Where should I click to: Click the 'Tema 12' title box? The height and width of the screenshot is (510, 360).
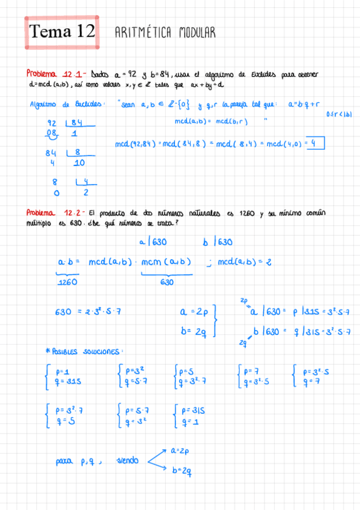62,32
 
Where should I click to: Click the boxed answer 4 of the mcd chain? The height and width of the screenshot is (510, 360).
315,143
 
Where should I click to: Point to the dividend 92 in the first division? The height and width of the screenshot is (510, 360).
52,123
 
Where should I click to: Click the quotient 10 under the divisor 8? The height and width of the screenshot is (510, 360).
78,162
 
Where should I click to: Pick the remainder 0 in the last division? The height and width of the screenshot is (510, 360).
56,194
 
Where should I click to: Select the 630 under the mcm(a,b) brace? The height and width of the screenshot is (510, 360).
166,281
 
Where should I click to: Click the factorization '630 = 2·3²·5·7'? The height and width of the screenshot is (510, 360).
88,312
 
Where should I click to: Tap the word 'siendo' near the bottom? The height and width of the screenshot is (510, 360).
127,461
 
